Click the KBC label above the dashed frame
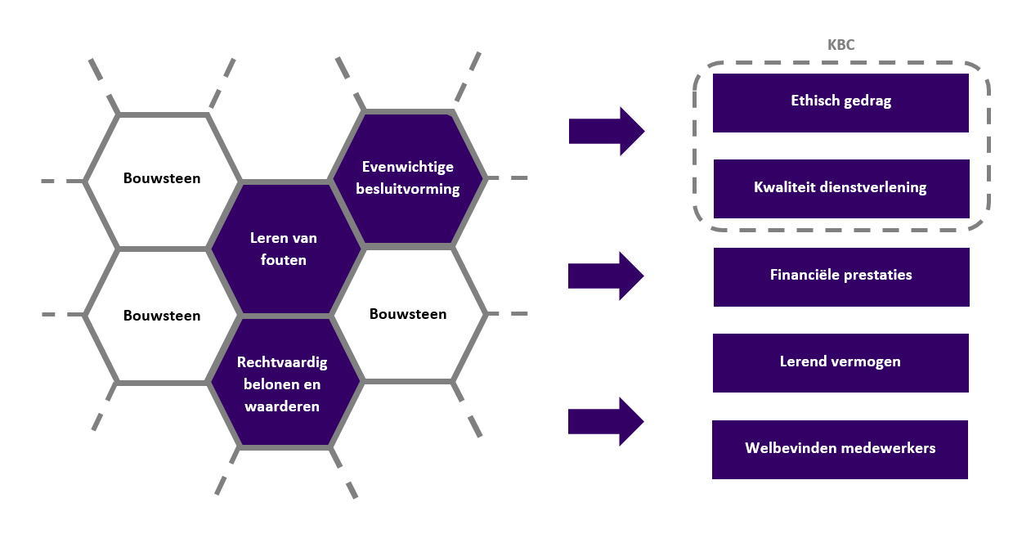pos(840,45)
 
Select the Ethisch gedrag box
pos(840,102)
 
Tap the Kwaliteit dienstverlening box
pos(840,188)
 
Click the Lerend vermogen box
pos(840,362)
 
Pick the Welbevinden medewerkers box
pos(840,449)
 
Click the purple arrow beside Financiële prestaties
pos(606,276)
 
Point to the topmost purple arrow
pos(606,131)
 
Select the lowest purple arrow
pos(606,421)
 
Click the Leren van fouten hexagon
pos(285,249)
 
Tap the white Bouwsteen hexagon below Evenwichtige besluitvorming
pos(408,314)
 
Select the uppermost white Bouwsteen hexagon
pos(162,178)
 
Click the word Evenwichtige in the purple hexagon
pos(408,167)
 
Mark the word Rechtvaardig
pos(284,361)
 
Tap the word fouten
pos(285,260)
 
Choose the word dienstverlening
pos(872,187)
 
